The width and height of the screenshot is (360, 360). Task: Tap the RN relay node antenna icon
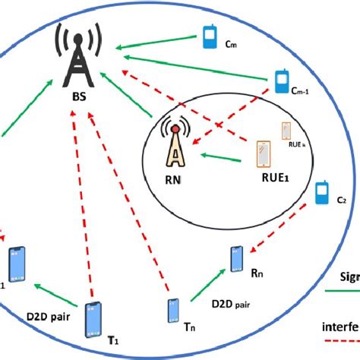coord(175,146)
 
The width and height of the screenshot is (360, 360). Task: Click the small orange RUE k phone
coord(287,132)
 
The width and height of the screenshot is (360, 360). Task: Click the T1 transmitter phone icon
coord(93,318)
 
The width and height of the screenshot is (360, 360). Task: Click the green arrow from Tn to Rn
coord(205,288)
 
